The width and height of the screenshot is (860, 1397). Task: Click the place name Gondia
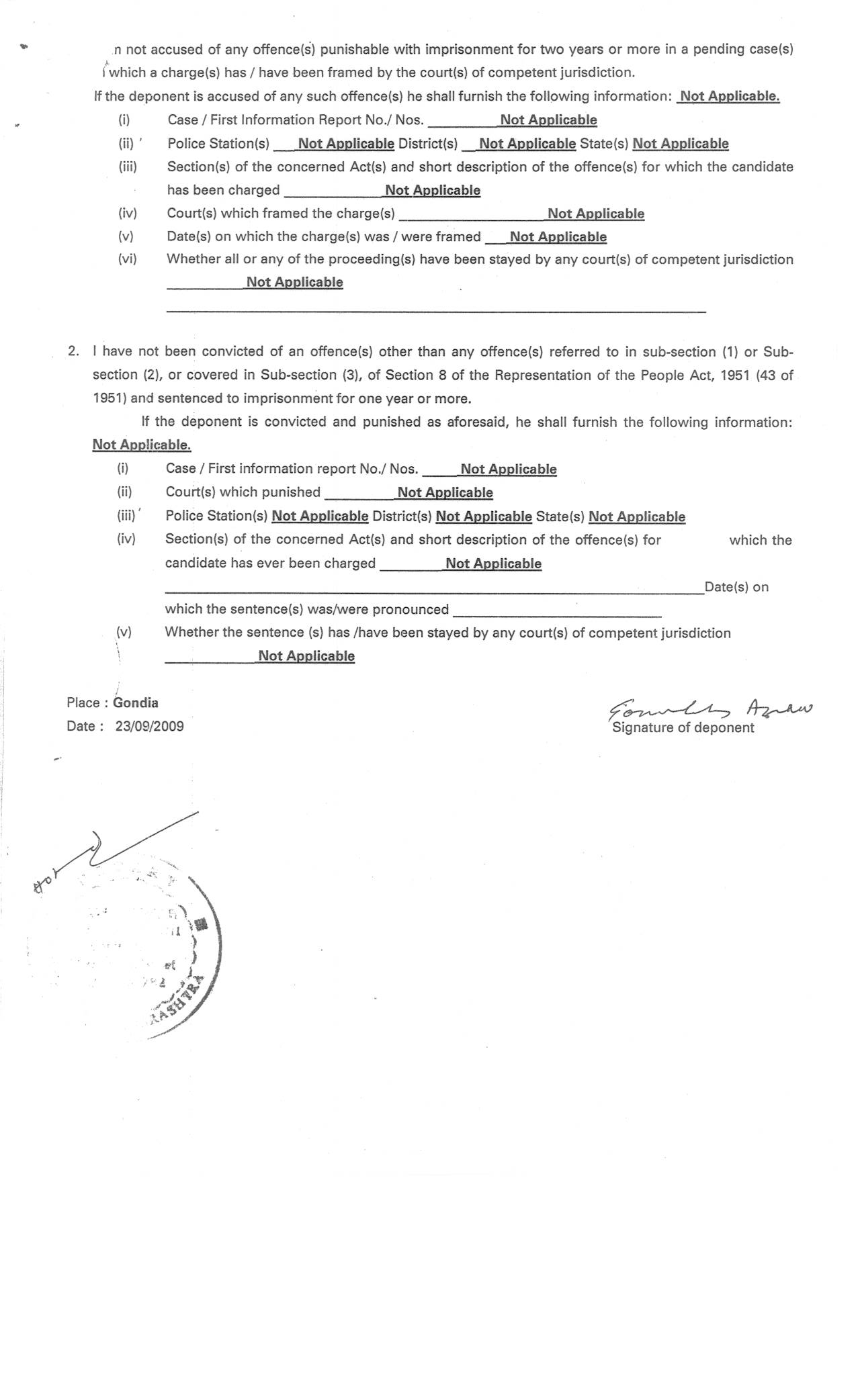point(136,703)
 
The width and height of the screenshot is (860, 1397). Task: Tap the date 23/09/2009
point(149,726)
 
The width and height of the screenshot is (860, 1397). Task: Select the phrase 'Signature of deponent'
point(683,728)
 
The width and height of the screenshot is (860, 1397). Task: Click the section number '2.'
point(73,351)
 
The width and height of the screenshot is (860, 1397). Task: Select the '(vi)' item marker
point(127,259)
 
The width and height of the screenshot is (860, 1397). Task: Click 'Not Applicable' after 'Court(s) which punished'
point(445,492)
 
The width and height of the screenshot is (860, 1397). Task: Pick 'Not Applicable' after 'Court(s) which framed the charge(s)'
point(595,214)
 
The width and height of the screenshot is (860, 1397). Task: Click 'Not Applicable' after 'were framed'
point(558,236)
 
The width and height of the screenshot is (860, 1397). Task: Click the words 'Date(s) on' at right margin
point(736,587)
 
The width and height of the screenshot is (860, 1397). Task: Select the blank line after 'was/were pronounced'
point(557,613)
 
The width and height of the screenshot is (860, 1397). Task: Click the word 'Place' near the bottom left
point(83,703)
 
